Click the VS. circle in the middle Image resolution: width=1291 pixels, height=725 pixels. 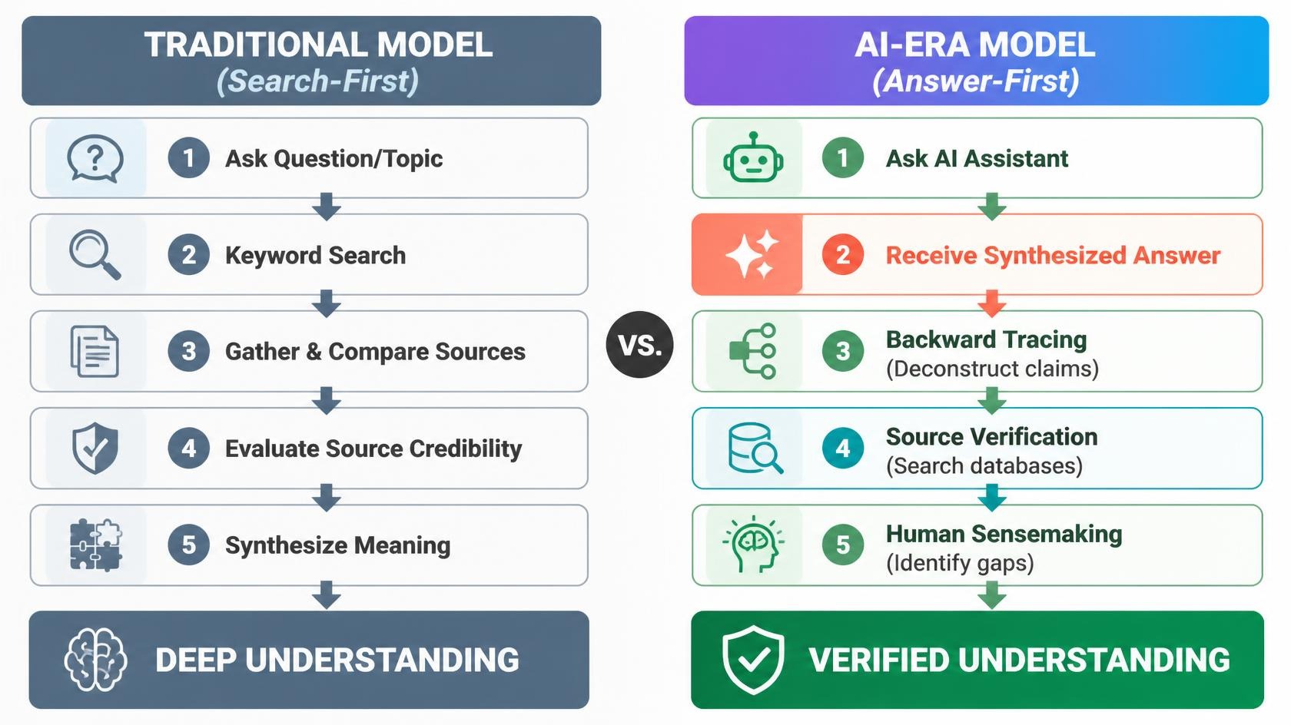(x=639, y=344)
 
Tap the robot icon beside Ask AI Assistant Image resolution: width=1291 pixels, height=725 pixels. (x=753, y=157)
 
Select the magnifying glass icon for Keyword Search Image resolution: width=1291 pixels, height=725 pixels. (x=95, y=254)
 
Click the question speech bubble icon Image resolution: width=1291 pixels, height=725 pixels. (x=95, y=157)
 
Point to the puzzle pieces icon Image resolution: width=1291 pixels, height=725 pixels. (x=95, y=545)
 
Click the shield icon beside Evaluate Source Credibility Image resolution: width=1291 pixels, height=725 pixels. (x=95, y=448)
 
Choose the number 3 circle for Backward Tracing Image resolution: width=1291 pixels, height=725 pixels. (x=842, y=351)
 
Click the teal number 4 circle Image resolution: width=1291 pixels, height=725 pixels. (x=842, y=448)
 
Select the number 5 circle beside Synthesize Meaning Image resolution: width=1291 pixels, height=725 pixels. (x=188, y=545)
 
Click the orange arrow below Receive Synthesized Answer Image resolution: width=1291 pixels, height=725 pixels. (x=992, y=303)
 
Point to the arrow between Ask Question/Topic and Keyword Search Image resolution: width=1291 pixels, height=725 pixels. (x=326, y=207)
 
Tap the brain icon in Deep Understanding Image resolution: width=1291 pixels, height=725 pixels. (x=95, y=660)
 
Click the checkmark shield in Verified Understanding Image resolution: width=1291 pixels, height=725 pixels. (x=753, y=660)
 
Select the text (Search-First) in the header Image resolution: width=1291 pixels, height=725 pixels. (x=317, y=81)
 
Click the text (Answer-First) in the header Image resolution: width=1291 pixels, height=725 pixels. (x=976, y=81)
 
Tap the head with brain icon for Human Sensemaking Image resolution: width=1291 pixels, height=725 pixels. (x=753, y=545)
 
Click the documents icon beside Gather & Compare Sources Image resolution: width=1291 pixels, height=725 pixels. (x=95, y=351)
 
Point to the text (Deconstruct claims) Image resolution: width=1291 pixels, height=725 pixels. (x=992, y=369)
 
